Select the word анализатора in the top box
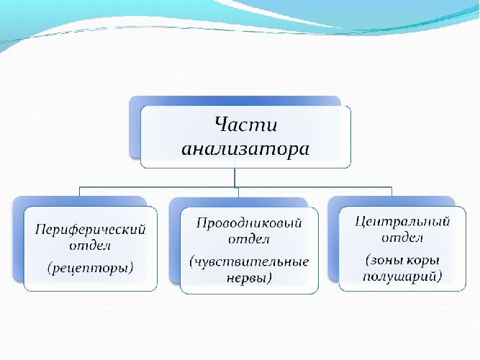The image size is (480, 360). (245, 149)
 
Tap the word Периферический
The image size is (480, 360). (91, 230)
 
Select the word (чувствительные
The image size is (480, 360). (249, 260)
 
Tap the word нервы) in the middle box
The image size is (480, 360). (249, 279)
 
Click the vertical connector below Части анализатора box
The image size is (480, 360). (235, 176)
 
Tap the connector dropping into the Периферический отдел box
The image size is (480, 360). (79, 191)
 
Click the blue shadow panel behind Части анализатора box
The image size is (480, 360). (135, 126)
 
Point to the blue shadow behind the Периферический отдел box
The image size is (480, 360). (18, 238)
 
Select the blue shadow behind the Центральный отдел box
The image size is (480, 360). (333, 238)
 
